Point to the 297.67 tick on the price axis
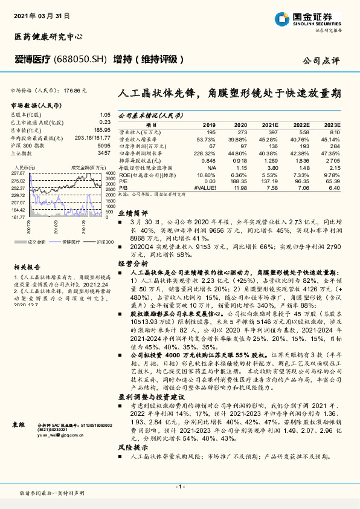click(19, 173)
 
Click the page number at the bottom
click(179, 486)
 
